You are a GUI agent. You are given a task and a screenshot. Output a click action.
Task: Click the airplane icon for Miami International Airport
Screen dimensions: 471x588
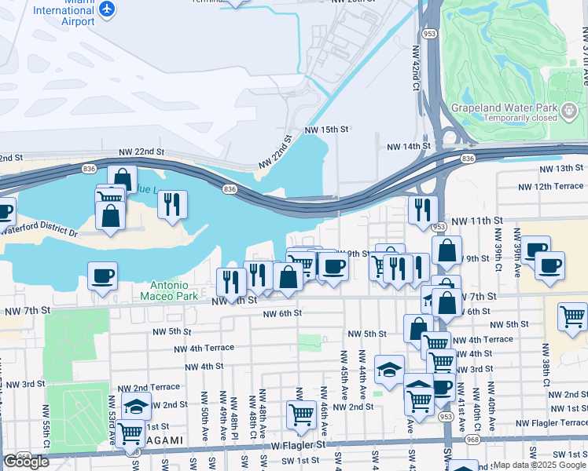[108, 9]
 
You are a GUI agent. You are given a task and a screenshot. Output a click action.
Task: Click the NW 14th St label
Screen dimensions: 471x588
[408, 146]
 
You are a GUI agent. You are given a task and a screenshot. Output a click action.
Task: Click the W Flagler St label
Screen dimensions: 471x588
[298, 444]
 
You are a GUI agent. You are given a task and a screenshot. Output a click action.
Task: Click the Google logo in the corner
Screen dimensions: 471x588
[26, 462]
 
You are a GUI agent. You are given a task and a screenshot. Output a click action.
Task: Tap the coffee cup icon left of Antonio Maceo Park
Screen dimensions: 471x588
[102, 276]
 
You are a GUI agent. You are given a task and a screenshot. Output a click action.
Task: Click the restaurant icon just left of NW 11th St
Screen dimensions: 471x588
[423, 210]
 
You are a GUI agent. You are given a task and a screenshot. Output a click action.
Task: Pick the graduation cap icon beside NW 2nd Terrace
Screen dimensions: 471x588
[137, 406]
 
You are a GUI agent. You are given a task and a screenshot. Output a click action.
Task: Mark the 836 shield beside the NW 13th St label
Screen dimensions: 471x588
[468, 159]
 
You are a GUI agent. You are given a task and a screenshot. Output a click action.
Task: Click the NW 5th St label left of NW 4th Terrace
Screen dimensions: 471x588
[186, 331]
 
